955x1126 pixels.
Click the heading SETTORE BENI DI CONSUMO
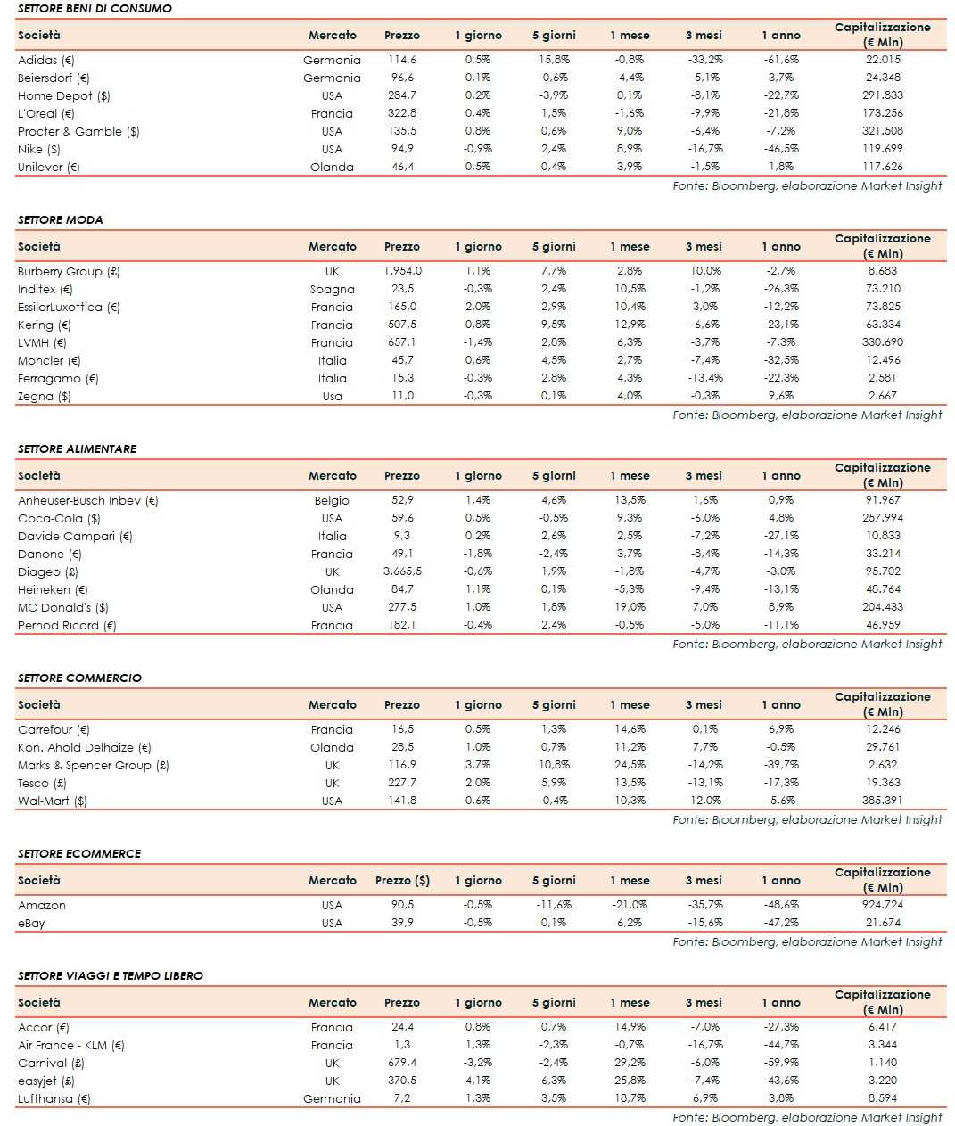coord(95,8)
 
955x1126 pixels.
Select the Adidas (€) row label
coord(46,60)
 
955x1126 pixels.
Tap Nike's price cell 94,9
coord(402,149)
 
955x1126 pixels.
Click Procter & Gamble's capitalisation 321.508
coord(883,131)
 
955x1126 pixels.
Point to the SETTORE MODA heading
coord(60,219)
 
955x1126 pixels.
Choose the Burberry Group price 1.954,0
coord(402,271)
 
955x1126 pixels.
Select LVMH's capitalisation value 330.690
coord(883,342)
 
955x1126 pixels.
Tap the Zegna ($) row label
coord(44,396)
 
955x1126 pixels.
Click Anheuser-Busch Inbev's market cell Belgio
coord(332,500)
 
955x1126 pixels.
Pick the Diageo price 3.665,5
coord(402,571)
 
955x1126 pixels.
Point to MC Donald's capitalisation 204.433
coord(883,607)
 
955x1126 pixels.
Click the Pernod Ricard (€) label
coord(67,625)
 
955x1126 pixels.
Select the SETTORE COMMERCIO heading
coord(79,678)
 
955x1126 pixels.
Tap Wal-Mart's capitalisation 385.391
coord(883,801)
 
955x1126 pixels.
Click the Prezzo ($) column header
coord(402,880)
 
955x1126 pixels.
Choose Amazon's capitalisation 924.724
coord(883,905)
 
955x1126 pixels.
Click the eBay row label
coord(31,923)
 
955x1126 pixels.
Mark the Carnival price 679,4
coord(402,1063)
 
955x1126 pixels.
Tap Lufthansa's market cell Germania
coord(332,1098)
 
